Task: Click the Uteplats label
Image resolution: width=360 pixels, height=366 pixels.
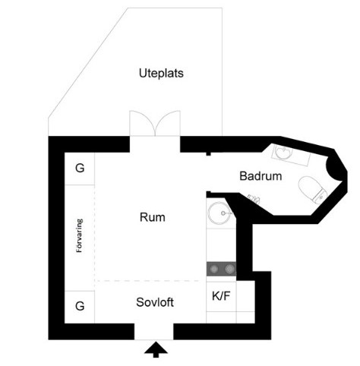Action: [161, 74]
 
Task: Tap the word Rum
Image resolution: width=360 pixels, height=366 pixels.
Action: [153, 217]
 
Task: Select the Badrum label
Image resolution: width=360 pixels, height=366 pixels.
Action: [261, 176]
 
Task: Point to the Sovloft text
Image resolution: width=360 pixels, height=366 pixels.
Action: [155, 302]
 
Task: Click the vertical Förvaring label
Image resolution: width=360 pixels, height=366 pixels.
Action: [80, 235]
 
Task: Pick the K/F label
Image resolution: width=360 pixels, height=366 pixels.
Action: [221, 296]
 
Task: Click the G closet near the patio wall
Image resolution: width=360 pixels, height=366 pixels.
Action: [80, 169]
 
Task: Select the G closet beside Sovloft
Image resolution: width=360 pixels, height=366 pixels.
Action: [80, 307]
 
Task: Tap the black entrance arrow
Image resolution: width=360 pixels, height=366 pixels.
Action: [156, 349]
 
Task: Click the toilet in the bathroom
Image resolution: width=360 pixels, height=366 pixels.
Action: [313, 189]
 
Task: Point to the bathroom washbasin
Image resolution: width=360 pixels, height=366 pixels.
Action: [283, 153]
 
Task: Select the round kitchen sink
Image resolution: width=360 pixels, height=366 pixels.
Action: [219, 213]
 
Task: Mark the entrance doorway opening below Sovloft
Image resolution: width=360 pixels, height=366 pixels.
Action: [153, 332]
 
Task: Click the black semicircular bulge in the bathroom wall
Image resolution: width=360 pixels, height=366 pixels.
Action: [333, 169]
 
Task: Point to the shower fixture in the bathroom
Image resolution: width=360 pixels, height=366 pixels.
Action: [254, 199]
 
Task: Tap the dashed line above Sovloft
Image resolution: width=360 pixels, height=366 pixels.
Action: [150, 281]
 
